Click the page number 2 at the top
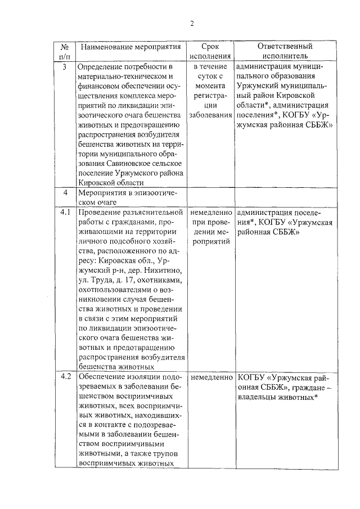point(191,24)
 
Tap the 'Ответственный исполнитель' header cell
point(285,51)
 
